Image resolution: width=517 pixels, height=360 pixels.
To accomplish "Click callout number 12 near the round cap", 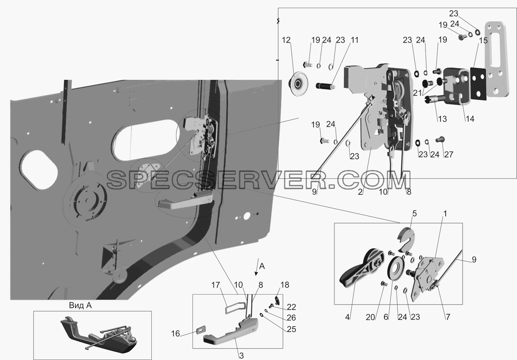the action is click(286, 40).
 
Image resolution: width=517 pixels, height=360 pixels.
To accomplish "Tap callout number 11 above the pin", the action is click(354, 40).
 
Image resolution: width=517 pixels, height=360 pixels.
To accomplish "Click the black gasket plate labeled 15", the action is click(478, 84).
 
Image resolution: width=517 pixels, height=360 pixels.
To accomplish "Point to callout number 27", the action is click(449, 154).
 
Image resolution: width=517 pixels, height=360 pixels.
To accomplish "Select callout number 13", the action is click(442, 119).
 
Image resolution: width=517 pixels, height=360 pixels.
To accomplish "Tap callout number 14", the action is click(470, 119).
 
